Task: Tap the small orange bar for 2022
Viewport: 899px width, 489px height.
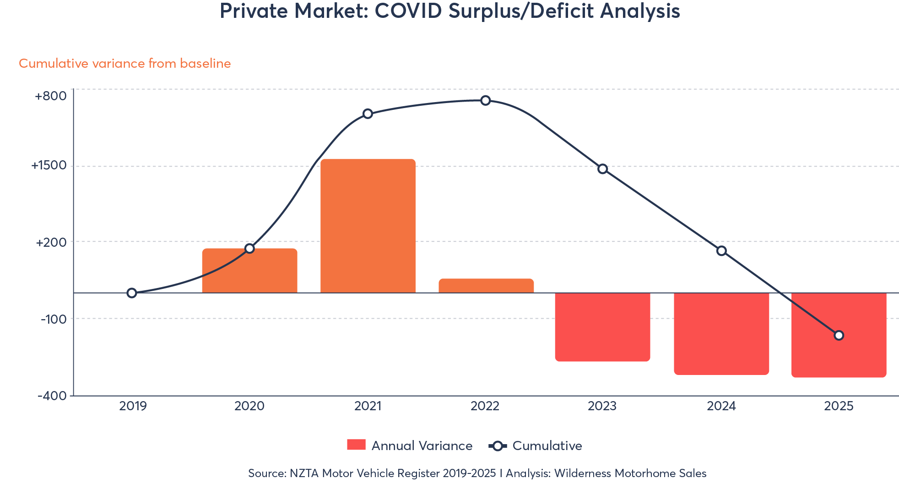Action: pos(486,285)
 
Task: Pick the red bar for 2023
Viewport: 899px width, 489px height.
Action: pos(602,327)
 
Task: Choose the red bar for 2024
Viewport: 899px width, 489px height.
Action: pos(721,333)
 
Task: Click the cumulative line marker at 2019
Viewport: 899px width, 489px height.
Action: pos(132,293)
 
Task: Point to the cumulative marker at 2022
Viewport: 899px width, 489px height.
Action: pos(486,100)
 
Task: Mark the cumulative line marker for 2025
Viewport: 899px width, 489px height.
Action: pos(839,335)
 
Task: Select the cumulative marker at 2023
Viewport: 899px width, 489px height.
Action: pos(603,169)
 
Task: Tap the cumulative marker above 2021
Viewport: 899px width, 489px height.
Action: pos(368,114)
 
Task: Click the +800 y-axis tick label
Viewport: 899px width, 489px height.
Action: pos(50,96)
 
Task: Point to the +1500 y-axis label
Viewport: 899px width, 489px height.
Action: pos(49,165)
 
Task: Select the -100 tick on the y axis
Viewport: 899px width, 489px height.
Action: pos(54,319)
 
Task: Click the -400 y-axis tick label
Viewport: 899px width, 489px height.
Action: pos(52,396)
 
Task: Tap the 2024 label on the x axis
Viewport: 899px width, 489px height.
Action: pos(721,406)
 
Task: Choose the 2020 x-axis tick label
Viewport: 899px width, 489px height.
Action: pos(249,406)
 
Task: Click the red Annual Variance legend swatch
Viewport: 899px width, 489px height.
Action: pos(356,445)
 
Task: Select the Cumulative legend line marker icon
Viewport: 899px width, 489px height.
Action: pos(498,446)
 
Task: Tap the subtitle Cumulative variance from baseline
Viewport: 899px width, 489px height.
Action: pos(125,63)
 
